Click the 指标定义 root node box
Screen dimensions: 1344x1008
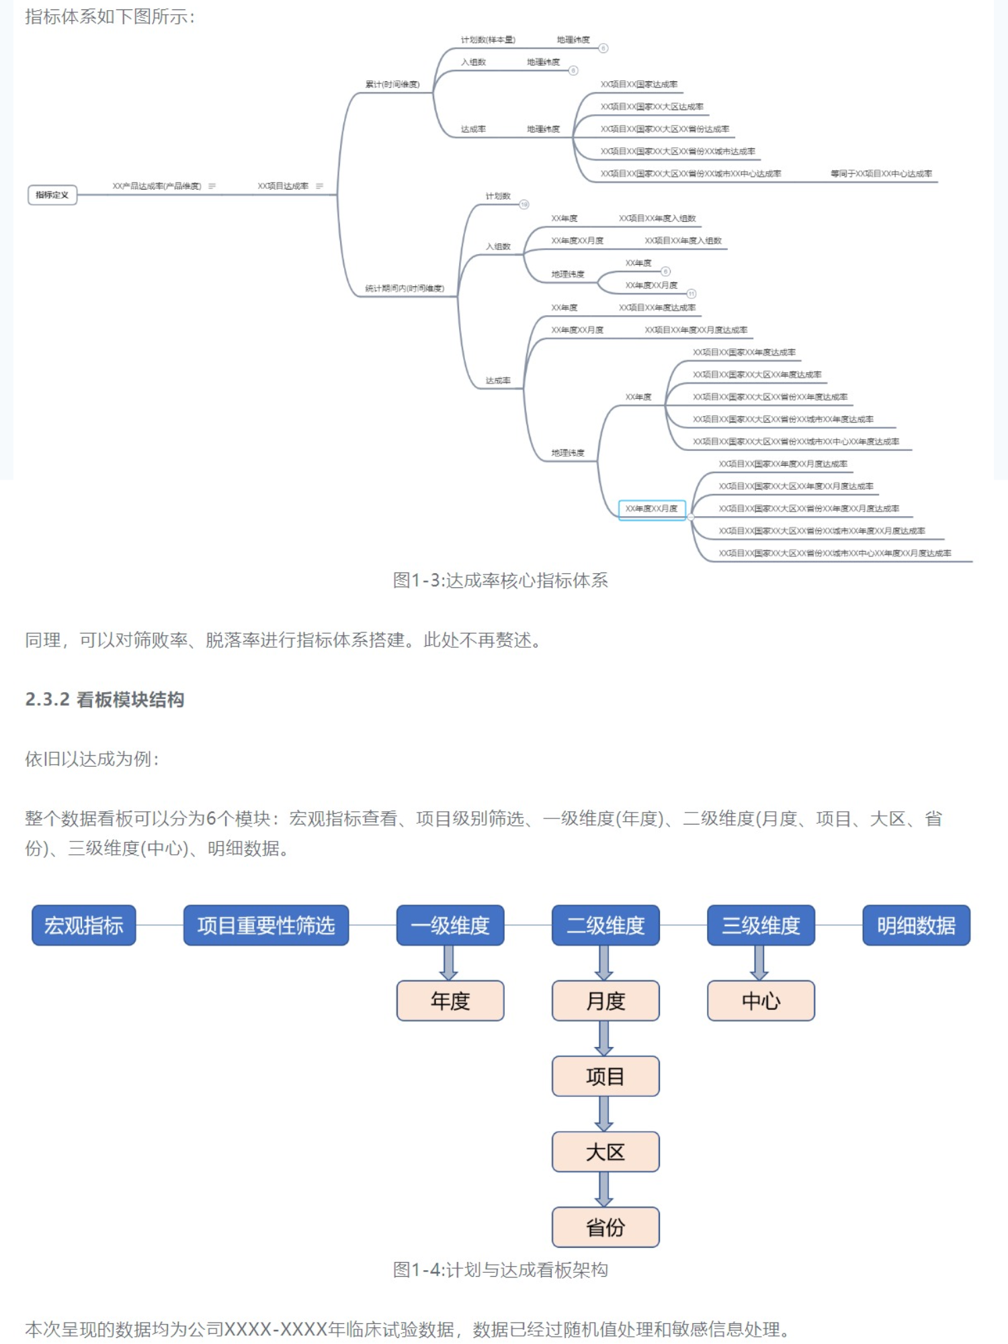pyautogui.click(x=52, y=195)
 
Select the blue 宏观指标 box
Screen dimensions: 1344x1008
pyautogui.click(x=84, y=925)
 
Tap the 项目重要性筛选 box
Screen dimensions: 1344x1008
pyautogui.click(x=266, y=925)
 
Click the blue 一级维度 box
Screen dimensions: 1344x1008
pyautogui.click(x=450, y=925)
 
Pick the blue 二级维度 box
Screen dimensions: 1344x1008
pyautogui.click(x=605, y=925)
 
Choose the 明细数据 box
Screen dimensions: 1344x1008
pyautogui.click(x=916, y=925)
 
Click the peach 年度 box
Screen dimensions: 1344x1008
pyautogui.click(x=450, y=1001)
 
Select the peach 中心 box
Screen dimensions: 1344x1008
pyautogui.click(x=761, y=1001)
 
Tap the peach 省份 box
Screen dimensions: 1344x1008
pyautogui.click(x=605, y=1227)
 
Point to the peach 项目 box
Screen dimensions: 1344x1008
pyautogui.click(x=605, y=1077)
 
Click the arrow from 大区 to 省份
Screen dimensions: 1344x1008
pyautogui.click(x=605, y=1189)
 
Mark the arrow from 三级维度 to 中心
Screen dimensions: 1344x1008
pyautogui.click(x=760, y=963)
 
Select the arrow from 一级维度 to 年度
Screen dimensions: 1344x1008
pyautogui.click(x=449, y=963)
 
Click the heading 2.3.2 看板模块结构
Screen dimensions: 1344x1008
pyautogui.click(x=105, y=700)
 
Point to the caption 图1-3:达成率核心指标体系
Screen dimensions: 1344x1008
pyautogui.click(x=501, y=580)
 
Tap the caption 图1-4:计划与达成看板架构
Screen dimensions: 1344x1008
pyautogui.click(x=501, y=1269)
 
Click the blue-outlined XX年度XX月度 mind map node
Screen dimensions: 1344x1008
pyautogui.click(x=652, y=509)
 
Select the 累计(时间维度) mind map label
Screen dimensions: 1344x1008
pyautogui.click(x=392, y=85)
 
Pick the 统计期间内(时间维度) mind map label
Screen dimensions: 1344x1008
pyautogui.click(x=405, y=288)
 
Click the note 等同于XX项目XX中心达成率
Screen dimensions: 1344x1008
pyautogui.click(x=881, y=173)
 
